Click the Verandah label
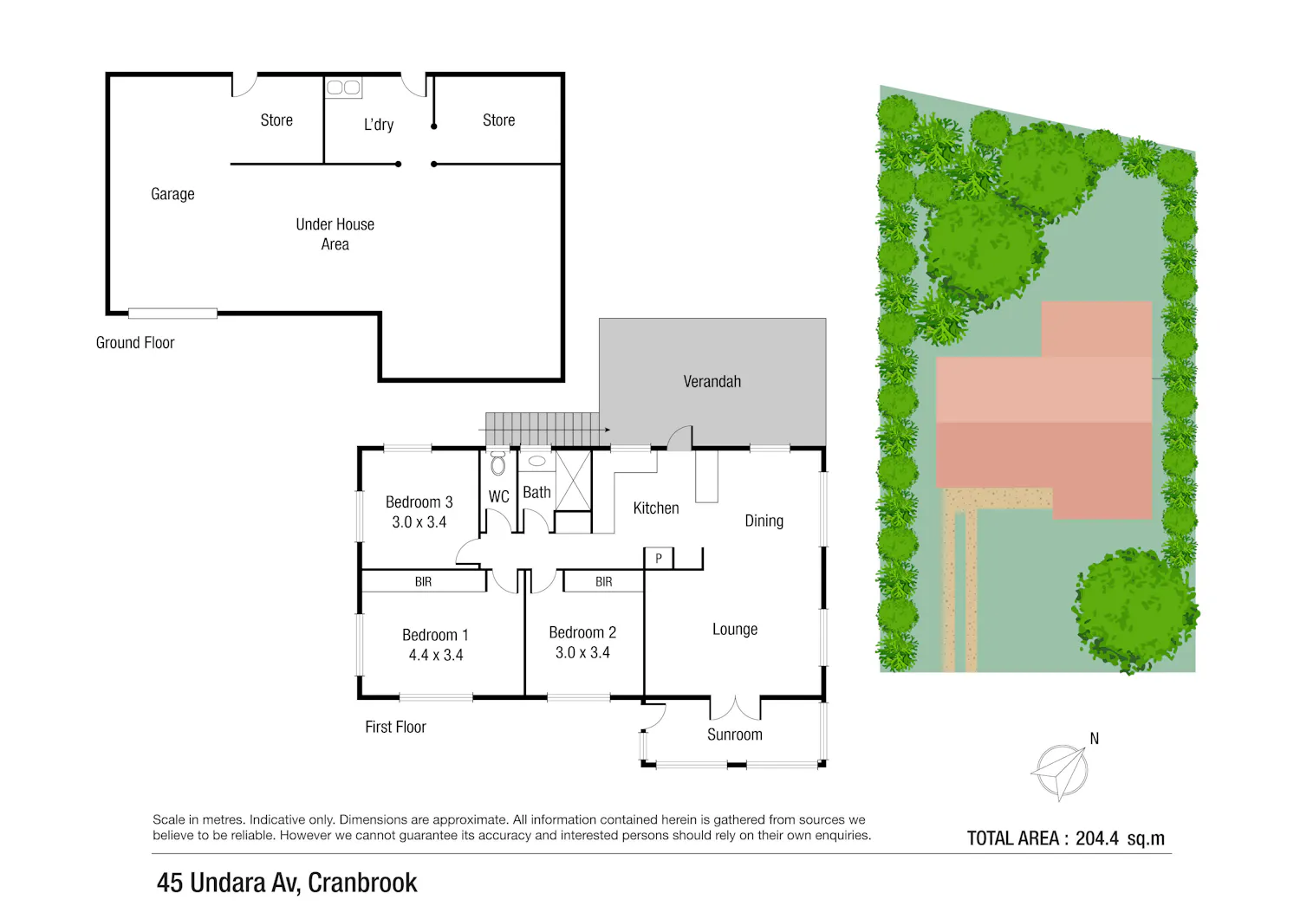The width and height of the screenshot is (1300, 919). [x=712, y=382]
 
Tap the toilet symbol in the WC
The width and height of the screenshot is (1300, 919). [x=498, y=463]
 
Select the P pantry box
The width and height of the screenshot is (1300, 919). [x=659, y=558]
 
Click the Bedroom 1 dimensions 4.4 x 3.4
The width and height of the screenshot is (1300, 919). [x=436, y=655]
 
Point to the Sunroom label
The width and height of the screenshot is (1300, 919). [x=735, y=735]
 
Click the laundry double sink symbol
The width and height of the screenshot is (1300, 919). [x=343, y=87]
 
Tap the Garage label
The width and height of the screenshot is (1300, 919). [x=172, y=194]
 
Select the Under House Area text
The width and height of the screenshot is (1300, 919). [x=335, y=235]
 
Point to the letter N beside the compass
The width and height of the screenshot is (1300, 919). [x=1094, y=739]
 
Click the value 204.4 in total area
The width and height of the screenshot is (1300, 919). [x=1097, y=838]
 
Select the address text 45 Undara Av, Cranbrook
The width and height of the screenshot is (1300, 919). [x=287, y=883]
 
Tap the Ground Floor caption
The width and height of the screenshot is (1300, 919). [x=135, y=343]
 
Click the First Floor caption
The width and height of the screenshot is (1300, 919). [x=395, y=727]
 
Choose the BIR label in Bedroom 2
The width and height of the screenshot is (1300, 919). [x=603, y=582]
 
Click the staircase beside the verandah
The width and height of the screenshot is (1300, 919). [x=542, y=430]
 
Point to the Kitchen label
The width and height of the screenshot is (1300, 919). [x=656, y=508]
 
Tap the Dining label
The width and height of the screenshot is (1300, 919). [x=764, y=521]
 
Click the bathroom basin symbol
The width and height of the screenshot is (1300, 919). [x=536, y=462]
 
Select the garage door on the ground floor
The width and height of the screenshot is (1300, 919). [x=172, y=314]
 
